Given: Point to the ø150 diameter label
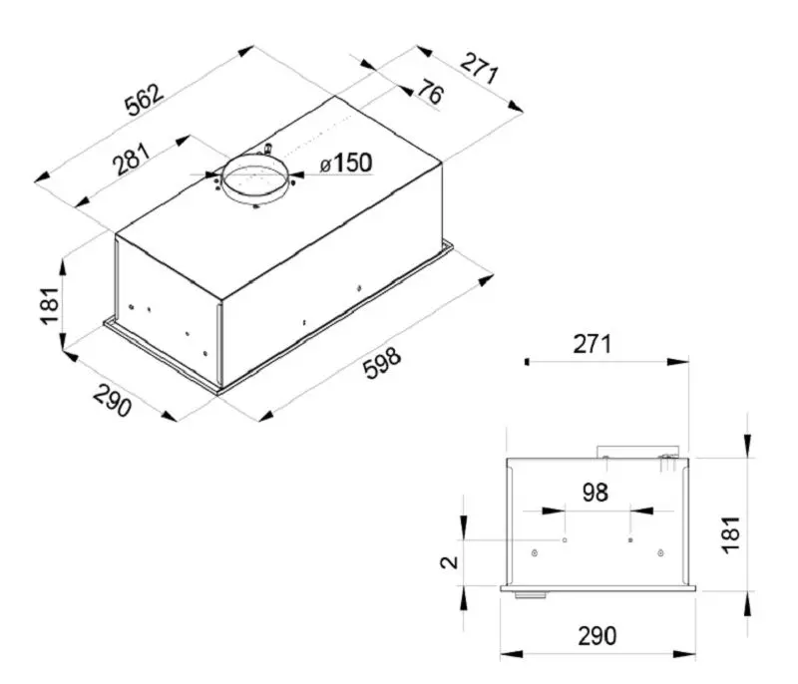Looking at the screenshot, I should pos(345,164).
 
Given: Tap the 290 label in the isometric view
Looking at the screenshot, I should pos(113,400).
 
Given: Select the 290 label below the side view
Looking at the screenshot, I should pos(596,634).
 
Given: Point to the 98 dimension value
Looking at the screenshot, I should pos(596,492).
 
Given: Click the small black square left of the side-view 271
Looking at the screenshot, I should pos(526,363).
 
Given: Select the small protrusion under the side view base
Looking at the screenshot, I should pos(529,595).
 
